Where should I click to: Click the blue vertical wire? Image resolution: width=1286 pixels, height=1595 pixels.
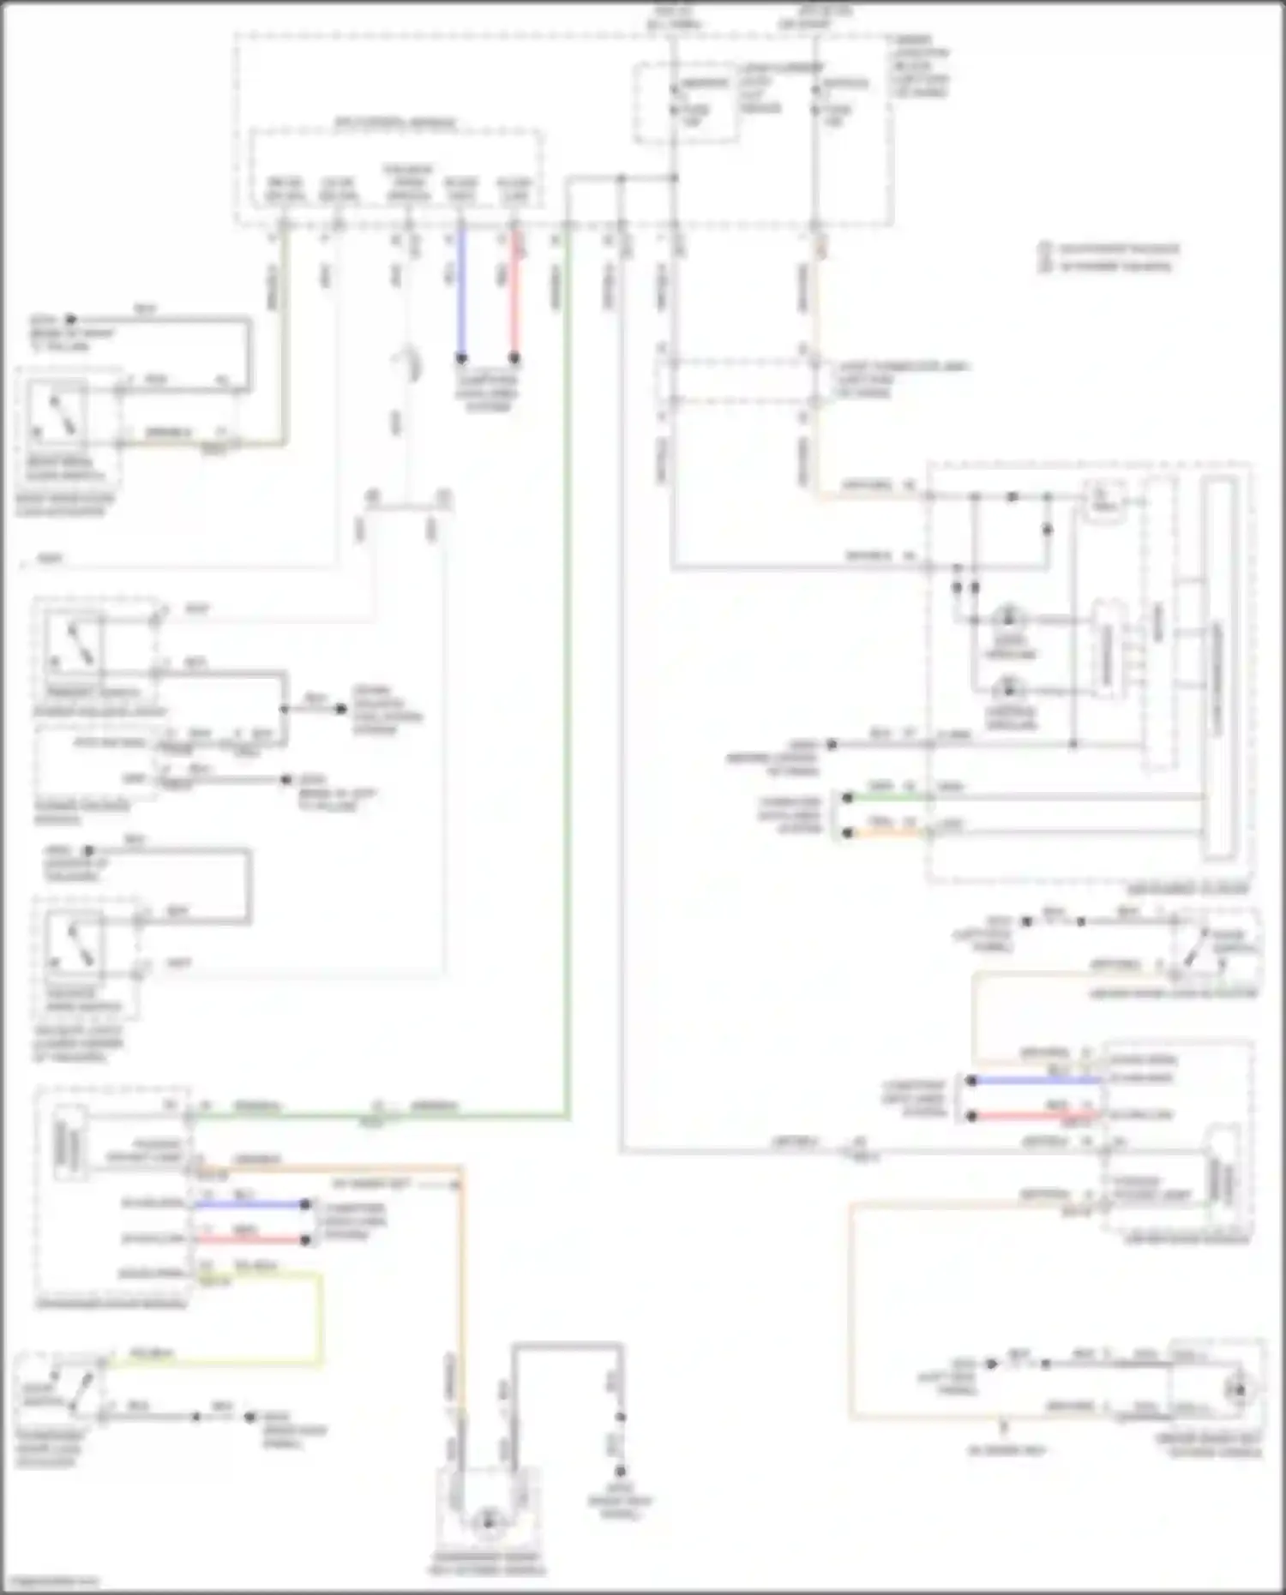(x=461, y=291)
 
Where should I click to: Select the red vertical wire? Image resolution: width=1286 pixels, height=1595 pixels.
(x=514, y=291)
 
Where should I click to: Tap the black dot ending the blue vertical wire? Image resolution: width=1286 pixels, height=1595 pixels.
(x=461, y=358)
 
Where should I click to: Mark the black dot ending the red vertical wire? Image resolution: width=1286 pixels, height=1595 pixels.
(x=514, y=358)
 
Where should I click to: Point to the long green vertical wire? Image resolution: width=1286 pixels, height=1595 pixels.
(x=567, y=686)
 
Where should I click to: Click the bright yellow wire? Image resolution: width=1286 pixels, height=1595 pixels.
(x=321, y=1320)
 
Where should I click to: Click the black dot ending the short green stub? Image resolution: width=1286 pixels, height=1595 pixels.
(x=847, y=798)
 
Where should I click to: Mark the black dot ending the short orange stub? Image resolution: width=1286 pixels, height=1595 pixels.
(x=847, y=832)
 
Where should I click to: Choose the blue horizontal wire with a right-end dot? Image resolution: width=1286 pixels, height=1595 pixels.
(x=249, y=1204)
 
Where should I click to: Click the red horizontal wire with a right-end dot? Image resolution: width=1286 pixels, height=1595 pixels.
(x=249, y=1239)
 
